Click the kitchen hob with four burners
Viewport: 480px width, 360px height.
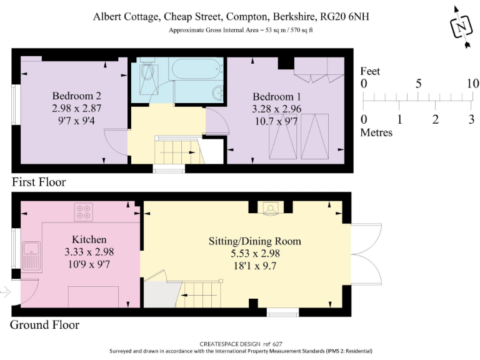(84, 212)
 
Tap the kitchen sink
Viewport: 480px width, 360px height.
(32, 256)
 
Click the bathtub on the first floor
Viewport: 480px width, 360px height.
(196, 69)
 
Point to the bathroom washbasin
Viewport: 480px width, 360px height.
(217, 92)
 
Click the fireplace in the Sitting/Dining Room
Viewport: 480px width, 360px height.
(270, 209)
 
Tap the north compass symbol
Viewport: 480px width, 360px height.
(461, 27)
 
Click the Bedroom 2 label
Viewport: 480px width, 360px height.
(76, 96)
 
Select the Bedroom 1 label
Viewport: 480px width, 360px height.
(277, 97)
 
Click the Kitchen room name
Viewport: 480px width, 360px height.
(89, 239)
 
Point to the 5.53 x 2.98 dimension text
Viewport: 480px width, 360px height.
(255, 254)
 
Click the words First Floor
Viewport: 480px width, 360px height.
(39, 182)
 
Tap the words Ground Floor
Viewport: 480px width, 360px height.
(45, 325)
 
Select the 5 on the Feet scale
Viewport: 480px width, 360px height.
(418, 84)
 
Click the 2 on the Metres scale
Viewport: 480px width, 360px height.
(435, 119)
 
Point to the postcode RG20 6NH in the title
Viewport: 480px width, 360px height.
(344, 16)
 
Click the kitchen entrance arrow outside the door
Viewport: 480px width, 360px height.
(5, 292)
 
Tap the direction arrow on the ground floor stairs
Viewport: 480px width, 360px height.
(199, 296)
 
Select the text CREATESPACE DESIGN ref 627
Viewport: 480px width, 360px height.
(241, 344)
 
